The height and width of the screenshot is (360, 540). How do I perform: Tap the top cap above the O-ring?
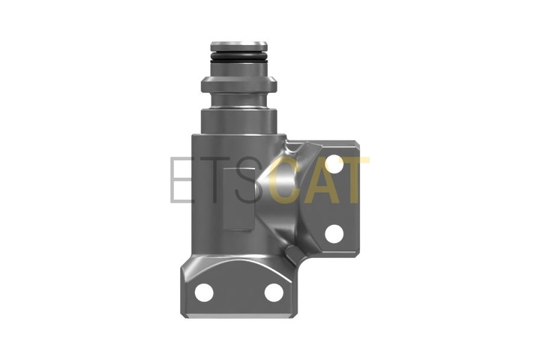(239, 46)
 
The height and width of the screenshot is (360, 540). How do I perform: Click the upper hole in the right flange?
(334, 164)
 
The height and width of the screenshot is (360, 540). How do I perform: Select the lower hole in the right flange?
(334, 233)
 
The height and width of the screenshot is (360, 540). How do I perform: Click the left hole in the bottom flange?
(204, 292)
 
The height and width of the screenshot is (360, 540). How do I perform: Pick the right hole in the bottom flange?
(274, 292)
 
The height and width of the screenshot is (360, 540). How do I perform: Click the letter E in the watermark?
(181, 179)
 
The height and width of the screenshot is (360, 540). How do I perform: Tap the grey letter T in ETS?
(215, 179)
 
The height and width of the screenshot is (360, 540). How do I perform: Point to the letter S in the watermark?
(249, 179)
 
